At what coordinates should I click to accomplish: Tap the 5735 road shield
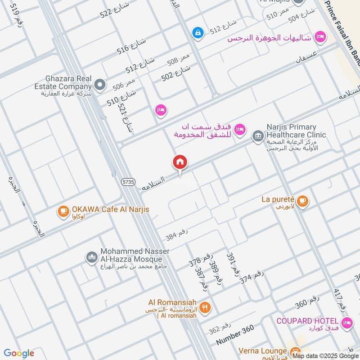pyautogui.click(x=128, y=181)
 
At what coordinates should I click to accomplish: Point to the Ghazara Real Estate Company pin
pyautogui.click(x=99, y=85)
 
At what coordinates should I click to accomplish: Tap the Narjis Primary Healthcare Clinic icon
pyautogui.click(x=257, y=135)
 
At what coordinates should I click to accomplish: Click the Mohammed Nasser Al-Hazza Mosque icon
pyautogui.click(x=92, y=257)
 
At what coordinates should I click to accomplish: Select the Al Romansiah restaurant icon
pyautogui.click(x=205, y=308)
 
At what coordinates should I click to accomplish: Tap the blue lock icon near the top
pyautogui.click(x=197, y=32)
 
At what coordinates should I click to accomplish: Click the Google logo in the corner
pyautogui.click(x=19, y=353)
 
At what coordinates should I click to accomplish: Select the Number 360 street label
pyautogui.click(x=234, y=335)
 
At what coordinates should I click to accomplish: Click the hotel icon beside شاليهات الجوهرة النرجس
pyautogui.click(x=320, y=36)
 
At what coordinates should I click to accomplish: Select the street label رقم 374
pyautogui.click(x=252, y=275)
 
